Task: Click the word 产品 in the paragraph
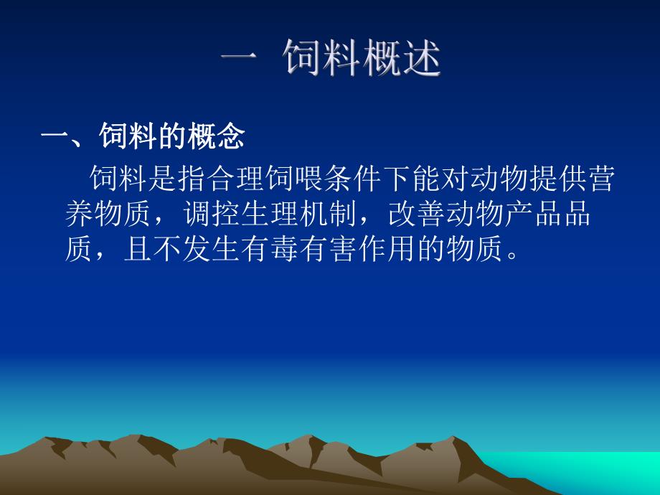[x=532, y=215]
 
